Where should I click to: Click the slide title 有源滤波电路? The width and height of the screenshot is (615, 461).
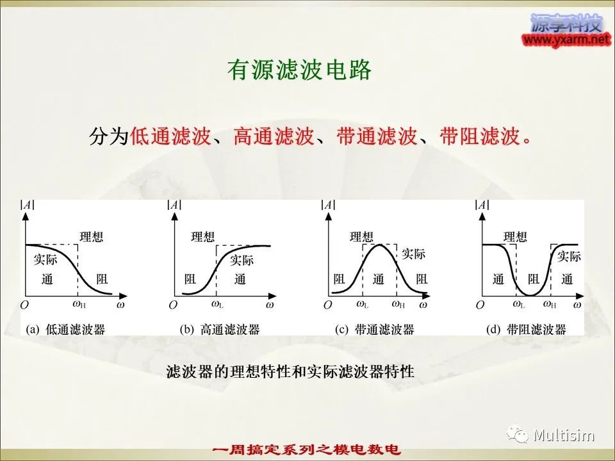point(299,71)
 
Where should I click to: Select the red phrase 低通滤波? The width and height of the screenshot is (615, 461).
point(170,137)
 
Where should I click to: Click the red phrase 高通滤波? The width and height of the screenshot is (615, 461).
point(274,137)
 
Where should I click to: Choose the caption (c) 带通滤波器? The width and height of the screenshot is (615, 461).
point(375,330)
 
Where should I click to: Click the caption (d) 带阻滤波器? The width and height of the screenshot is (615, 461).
point(527,330)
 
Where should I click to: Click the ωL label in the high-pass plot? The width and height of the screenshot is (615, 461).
point(217,305)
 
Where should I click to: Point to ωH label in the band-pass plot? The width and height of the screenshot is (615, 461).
point(398,305)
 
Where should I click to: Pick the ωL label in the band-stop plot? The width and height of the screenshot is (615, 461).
point(519,305)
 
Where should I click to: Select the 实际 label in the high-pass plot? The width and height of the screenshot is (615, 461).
point(242,260)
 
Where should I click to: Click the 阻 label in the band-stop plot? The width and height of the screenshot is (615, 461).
point(533,279)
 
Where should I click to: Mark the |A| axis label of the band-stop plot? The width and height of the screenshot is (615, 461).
point(482,205)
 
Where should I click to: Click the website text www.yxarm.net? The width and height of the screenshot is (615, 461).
point(567,39)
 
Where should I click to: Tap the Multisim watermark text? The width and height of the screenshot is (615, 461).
point(564,436)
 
